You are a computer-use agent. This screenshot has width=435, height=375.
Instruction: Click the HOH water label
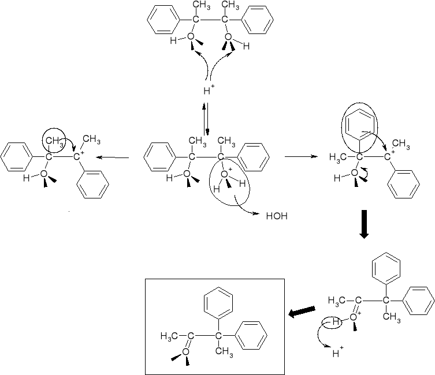tap(276, 217)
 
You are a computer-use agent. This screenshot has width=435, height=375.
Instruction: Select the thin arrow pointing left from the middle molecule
tap(112, 157)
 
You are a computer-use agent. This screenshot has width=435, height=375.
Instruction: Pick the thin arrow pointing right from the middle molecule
tap(300, 156)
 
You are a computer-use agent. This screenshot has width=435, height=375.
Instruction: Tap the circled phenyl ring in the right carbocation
tap(360, 123)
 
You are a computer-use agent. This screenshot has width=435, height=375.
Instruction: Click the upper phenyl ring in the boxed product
tap(219, 303)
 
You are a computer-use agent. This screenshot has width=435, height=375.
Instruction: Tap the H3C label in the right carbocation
tap(339, 156)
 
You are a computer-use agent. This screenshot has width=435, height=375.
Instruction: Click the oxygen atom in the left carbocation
tap(44, 174)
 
